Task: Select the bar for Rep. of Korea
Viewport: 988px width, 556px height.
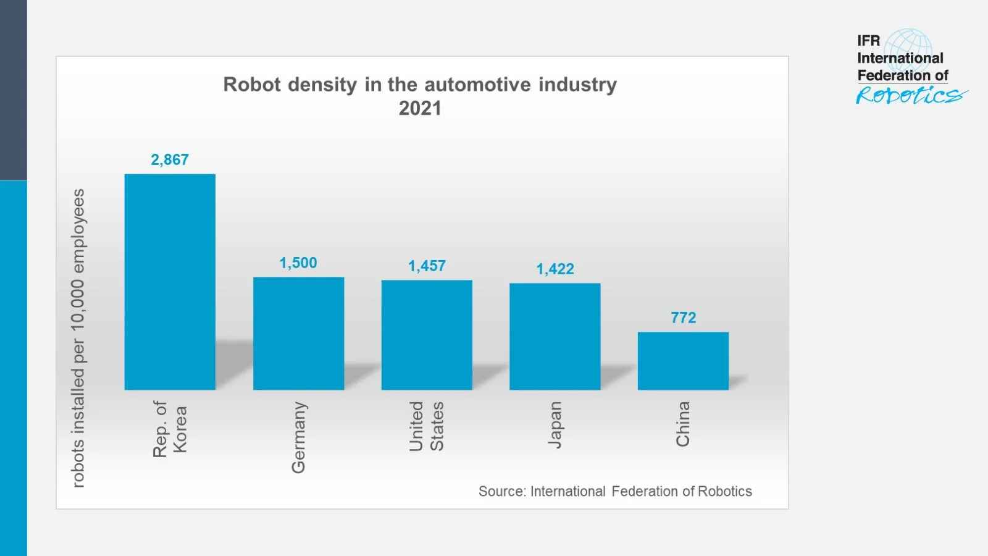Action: [170, 282]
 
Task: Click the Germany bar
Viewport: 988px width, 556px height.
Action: [298, 334]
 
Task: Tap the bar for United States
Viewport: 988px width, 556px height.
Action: [427, 335]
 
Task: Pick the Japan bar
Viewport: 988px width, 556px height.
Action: [555, 337]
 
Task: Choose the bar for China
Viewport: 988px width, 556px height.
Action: [683, 361]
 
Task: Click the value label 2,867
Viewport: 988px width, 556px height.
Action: [170, 159]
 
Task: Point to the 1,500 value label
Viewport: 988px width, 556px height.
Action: [298, 263]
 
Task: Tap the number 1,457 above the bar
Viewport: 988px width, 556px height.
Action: [427, 266]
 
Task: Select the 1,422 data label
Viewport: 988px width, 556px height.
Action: [555, 269]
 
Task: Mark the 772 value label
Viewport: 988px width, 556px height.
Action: [683, 318]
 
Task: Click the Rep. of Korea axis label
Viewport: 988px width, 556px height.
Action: [169, 429]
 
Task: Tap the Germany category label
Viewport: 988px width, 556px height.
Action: [298, 437]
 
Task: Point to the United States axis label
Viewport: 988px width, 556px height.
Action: [426, 426]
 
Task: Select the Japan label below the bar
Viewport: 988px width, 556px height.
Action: [555, 424]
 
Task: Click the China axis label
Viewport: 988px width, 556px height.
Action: [682, 424]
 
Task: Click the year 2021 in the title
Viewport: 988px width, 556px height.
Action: [420, 108]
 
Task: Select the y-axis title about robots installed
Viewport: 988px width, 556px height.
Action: [78, 338]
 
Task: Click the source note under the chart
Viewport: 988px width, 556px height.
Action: [615, 491]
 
